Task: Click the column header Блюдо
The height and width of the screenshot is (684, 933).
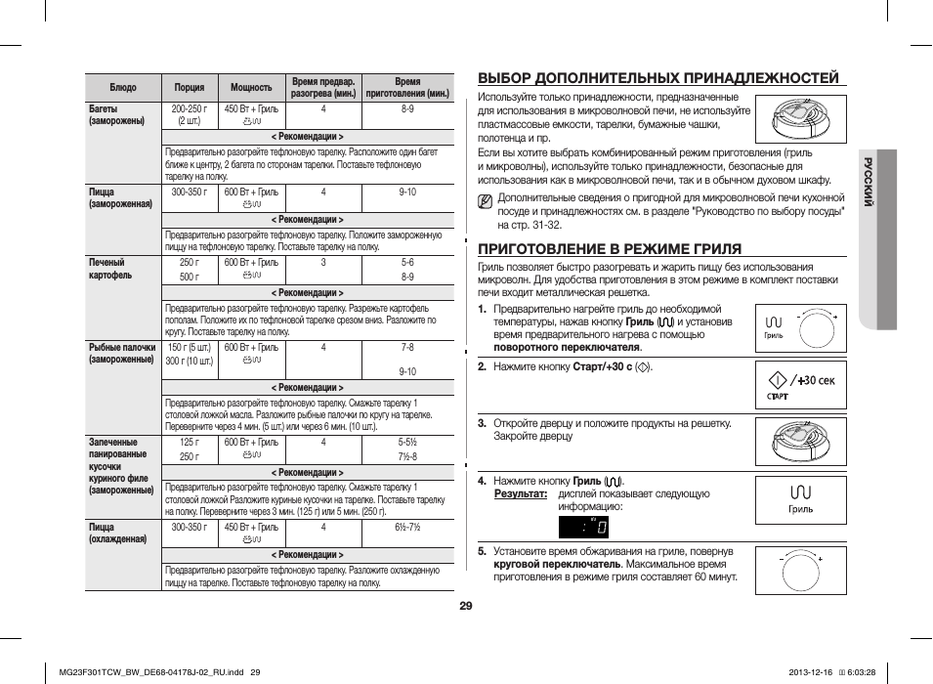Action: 123,88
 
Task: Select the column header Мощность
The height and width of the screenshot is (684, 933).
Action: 251,88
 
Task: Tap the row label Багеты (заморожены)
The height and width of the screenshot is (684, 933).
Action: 117,115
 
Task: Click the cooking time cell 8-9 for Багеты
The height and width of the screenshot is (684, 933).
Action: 407,109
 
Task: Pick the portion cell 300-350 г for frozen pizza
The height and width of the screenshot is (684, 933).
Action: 190,192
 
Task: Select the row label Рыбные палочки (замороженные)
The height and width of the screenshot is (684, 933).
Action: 122,353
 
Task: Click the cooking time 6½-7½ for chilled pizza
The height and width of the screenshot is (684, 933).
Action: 407,528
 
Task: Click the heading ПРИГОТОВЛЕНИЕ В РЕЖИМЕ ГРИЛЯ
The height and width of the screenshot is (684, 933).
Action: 609,248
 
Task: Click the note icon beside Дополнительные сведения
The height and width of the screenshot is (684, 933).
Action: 486,202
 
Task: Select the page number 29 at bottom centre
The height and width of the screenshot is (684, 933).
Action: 466,606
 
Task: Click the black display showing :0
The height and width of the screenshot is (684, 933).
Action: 583,527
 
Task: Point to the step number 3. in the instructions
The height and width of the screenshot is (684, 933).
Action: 483,423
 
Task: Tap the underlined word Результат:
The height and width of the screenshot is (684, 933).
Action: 520,494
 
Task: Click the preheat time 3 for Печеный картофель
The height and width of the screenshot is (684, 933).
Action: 323,263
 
